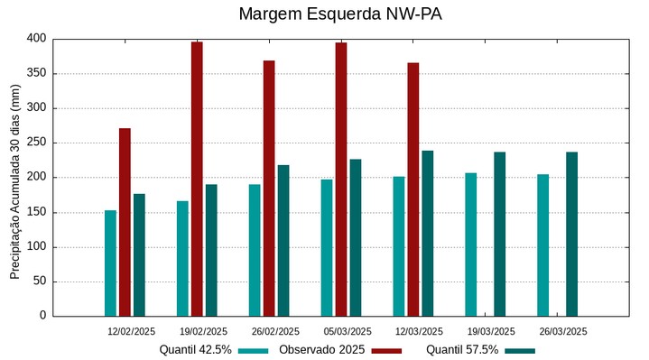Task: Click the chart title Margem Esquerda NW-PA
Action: (x=340, y=14)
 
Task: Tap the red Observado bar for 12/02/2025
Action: (x=125, y=222)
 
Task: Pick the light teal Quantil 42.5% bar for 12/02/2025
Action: (x=110, y=263)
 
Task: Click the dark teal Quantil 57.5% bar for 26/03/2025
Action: (x=571, y=234)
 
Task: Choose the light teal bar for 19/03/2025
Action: (x=470, y=245)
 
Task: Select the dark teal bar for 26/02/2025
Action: (x=283, y=240)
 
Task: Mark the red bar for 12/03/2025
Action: (x=413, y=189)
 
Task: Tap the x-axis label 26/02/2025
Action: (x=275, y=331)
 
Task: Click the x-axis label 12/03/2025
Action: (x=419, y=331)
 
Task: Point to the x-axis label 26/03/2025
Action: (x=562, y=331)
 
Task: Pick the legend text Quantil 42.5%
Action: (x=196, y=350)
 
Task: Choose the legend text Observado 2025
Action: (x=321, y=350)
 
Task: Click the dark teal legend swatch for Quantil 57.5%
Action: (x=520, y=351)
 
